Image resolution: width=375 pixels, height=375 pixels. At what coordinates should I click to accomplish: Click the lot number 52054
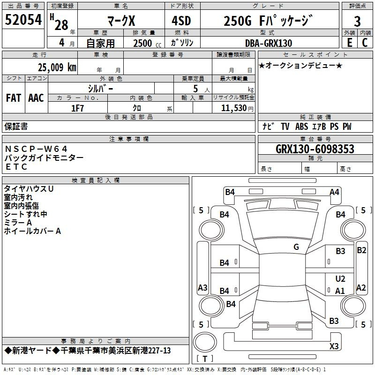(x=23, y=20)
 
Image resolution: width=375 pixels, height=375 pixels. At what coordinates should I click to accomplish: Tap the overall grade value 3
(x=357, y=22)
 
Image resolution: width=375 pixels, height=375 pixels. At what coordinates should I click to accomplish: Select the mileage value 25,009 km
(x=57, y=67)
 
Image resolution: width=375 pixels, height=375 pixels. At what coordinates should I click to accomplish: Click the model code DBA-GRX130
(x=268, y=43)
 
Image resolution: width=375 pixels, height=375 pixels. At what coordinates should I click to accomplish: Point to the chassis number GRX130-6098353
(x=315, y=149)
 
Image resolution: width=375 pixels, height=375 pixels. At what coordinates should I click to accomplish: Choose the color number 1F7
(x=77, y=108)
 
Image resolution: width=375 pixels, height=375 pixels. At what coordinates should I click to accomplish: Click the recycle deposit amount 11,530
(x=233, y=108)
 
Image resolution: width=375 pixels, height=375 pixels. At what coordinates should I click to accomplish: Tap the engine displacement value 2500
(x=142, y=43)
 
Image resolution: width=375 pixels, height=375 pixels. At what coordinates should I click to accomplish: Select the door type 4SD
(x=181, y=21)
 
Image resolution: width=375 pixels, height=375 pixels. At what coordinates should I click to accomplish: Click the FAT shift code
(x=14, y=98)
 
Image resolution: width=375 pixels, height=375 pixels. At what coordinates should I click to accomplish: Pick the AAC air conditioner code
(x=36, y=98)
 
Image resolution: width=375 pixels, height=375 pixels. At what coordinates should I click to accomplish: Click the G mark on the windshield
(x=296, y=247)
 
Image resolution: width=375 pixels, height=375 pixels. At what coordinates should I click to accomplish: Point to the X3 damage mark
(x=334, y=346)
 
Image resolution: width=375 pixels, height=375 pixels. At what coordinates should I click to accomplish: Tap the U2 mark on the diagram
(x=340, y=278)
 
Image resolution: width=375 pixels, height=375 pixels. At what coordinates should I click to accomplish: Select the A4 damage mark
(x=334, y=192)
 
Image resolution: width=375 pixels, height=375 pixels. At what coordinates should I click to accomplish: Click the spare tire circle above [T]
(x=205, y=343)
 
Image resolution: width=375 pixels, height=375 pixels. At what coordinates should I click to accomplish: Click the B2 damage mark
(x=361, y=250)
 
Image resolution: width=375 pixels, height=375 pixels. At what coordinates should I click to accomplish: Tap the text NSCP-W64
(x=36, y=149)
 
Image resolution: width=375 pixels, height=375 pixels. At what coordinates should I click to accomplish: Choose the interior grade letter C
(x=365, y=43)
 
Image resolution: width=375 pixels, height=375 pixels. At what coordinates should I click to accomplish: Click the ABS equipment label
(x=301, y=126)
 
